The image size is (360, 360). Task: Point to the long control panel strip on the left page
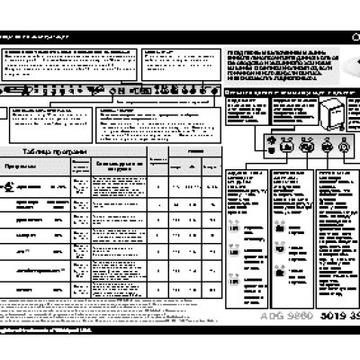pyautogui.click(x=108, y=90)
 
